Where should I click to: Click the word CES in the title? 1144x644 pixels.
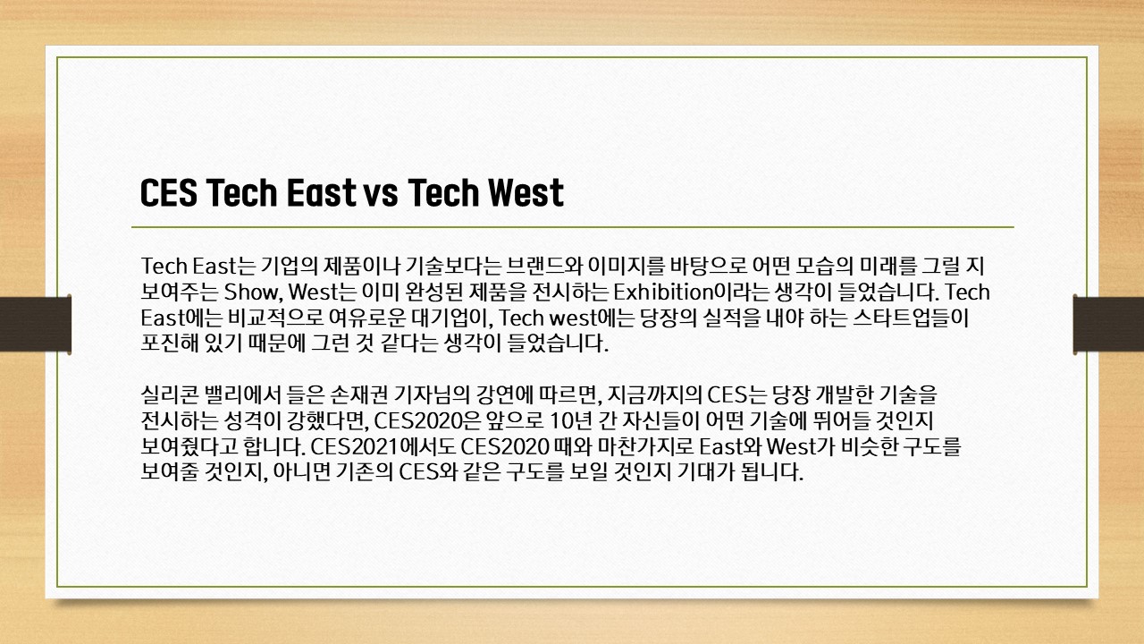(x=169, y=192)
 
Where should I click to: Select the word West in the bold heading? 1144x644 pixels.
(x=526, y=192)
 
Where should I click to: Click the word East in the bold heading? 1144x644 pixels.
(x=321, y=192)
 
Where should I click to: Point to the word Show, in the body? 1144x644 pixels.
(x=253, y=292)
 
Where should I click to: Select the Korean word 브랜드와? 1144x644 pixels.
(x=545, y=267)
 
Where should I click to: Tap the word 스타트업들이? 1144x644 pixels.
(x=911, y=318)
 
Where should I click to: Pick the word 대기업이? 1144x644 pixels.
(x=451, y=318)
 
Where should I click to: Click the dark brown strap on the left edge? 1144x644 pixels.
(x=35, y=324)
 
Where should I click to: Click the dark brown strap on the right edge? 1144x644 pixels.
(x=1108, y=324)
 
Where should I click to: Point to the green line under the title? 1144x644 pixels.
(x=573, y=226)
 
